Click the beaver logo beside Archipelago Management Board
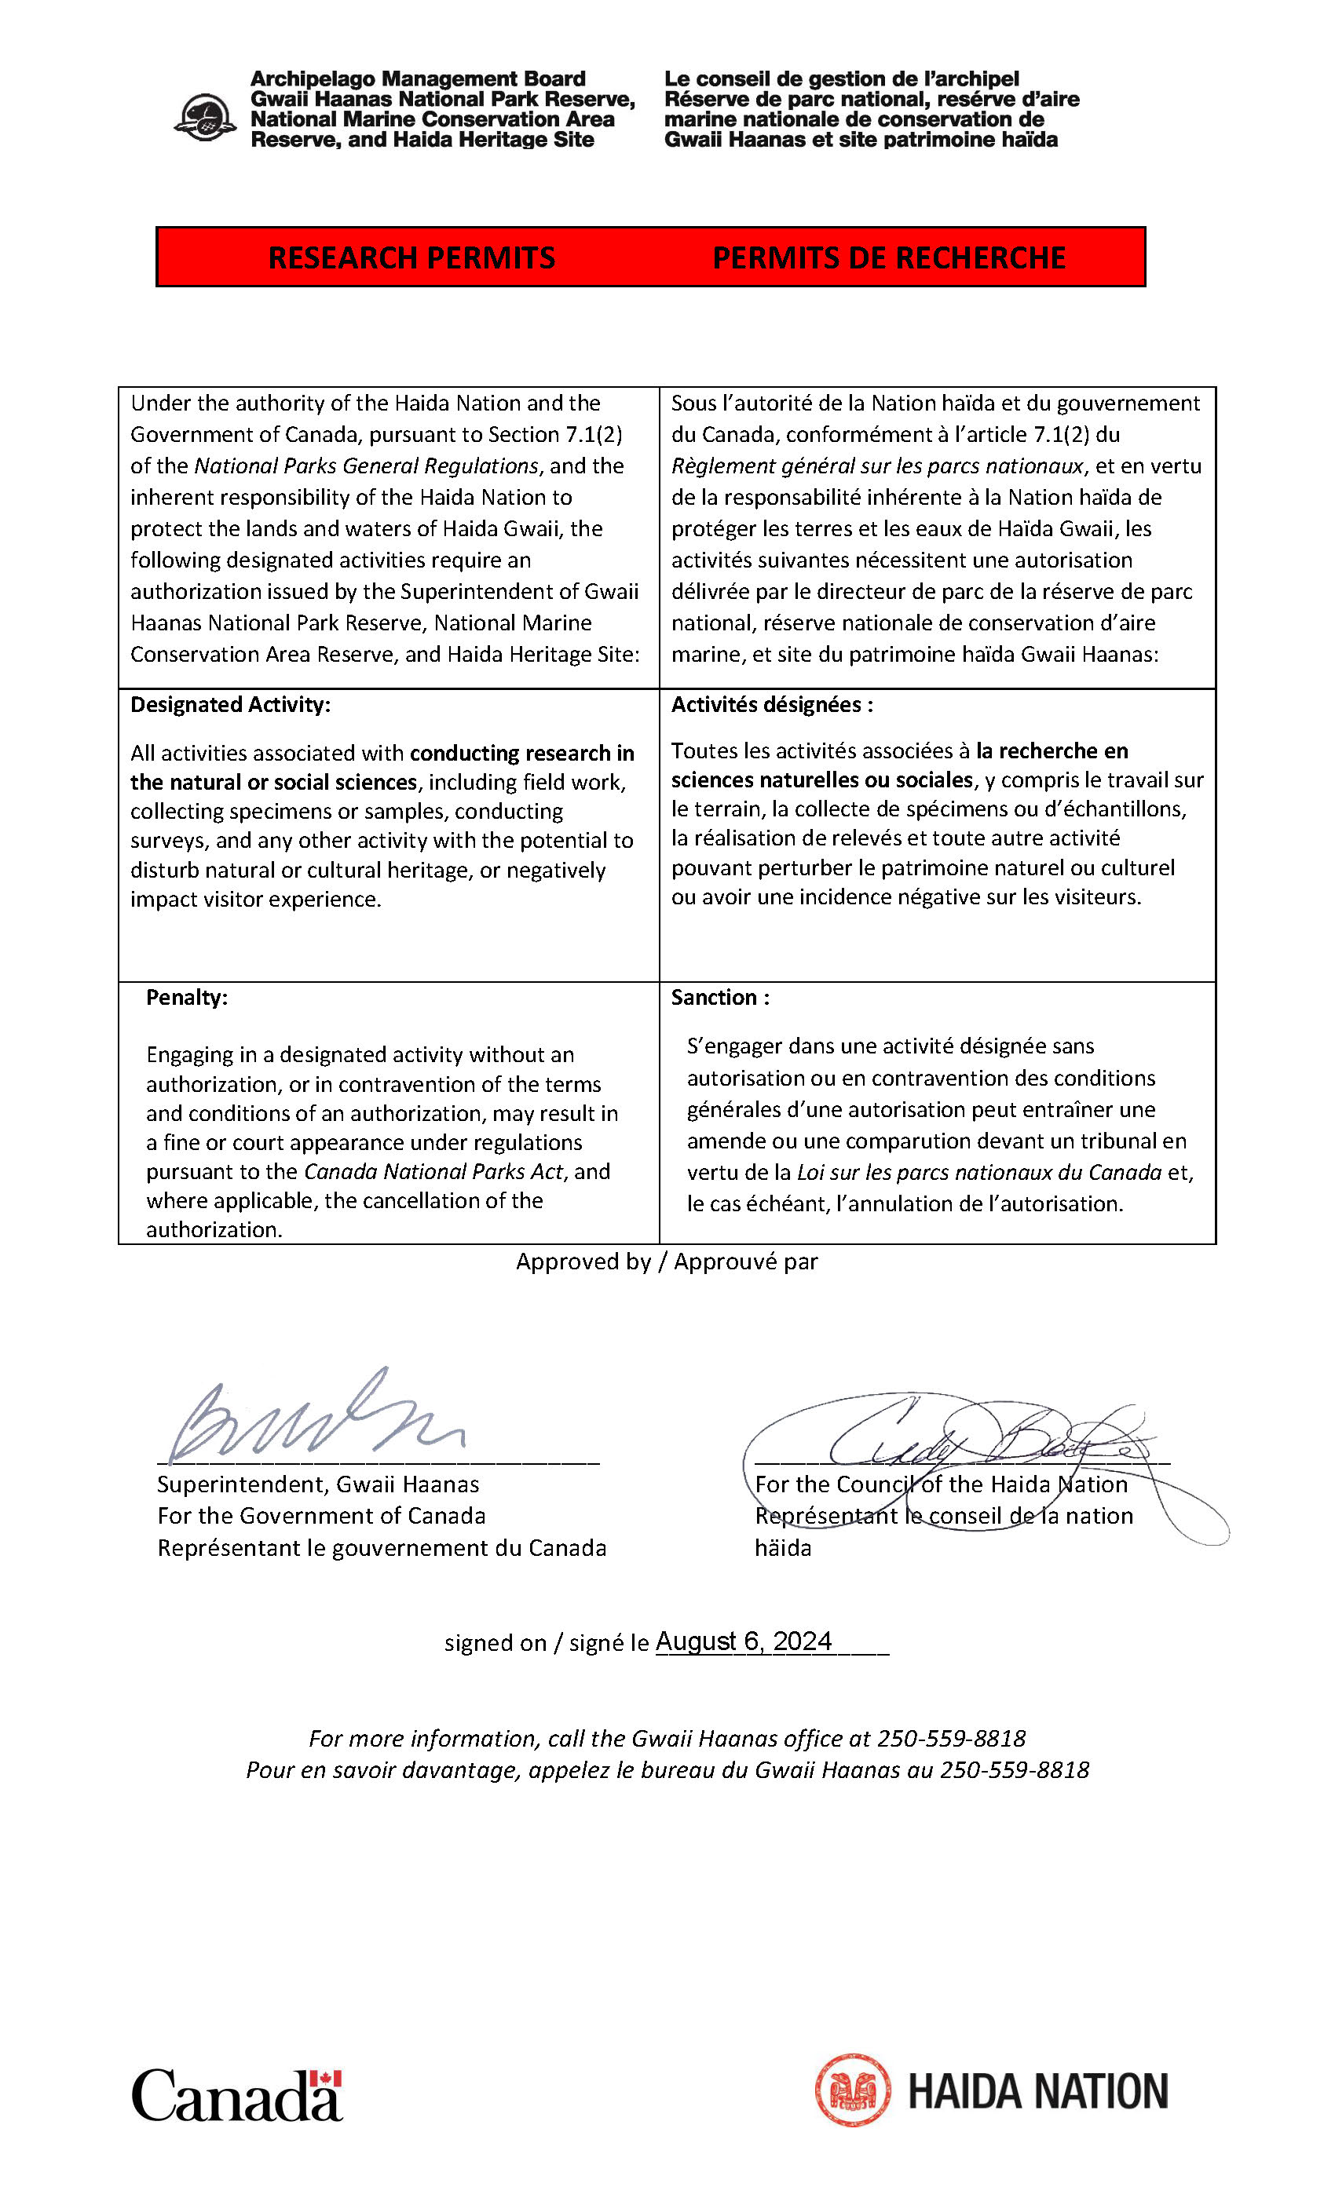pyautogui.click(x=205, y=118)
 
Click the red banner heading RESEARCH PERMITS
pyautogui.click(x=411, y=257)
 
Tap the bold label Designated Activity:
pyautogui.click(x=230, y=705)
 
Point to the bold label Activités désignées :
pyautogui.click(x=771, y=705)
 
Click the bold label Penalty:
pyautogui.click(x=186, y=998)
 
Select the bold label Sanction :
pyautogui.click(x=720, y=998)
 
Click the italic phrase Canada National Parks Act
pyautogui.click(x=434, y=1171)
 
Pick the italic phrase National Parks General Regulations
pyautogui.click(x=366, y=466)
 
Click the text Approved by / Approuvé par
pyautogui.click(x=667, y=1261)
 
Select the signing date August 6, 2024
pyautogui.click(x=744, y=1641)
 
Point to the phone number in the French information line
pyautogui.click(x=1014, y=1770)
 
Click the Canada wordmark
pyautogui.click(x=236, y=2097)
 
